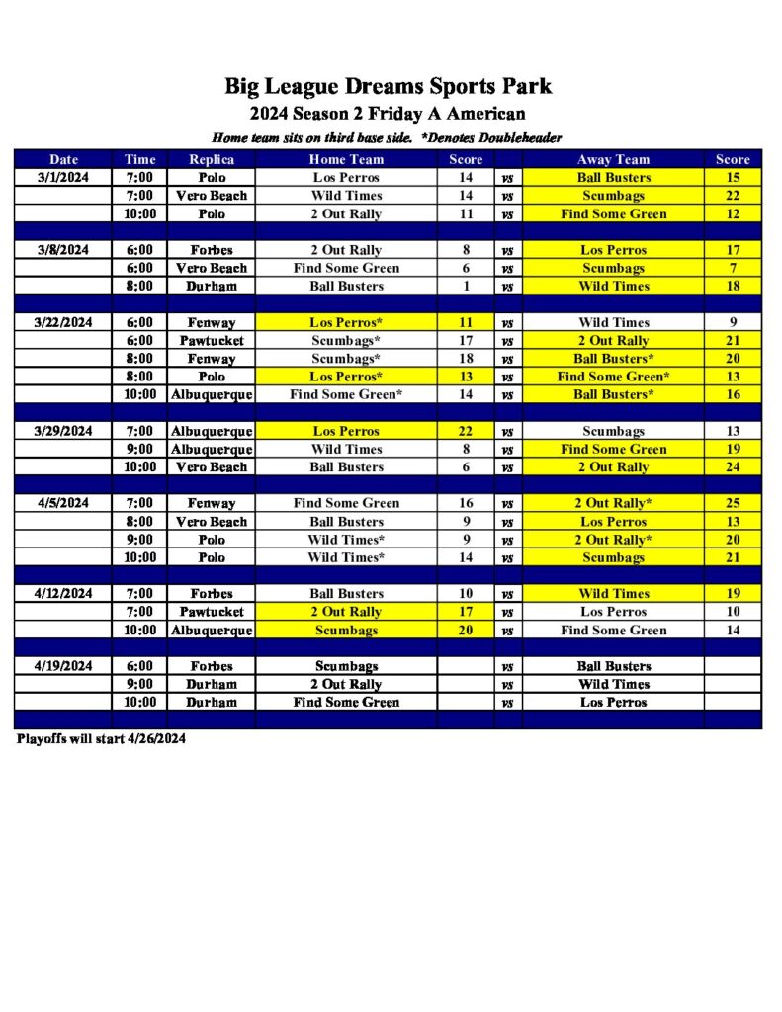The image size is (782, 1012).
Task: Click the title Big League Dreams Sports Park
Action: [388, 86]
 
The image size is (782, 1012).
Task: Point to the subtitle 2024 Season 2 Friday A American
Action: [388, 114]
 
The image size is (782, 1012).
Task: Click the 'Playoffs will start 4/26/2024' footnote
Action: [101, 739]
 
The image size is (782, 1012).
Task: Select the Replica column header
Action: [212, 159]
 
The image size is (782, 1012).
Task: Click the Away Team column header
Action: [613, 159]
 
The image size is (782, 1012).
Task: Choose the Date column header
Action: [64, 159]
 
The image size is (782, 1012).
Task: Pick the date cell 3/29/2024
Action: [64, 431]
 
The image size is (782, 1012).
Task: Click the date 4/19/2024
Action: [64, 666]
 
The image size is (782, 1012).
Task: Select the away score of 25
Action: [733, 503]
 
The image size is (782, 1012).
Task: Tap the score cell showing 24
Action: [733, 467]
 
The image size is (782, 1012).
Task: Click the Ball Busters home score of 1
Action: [466, 286]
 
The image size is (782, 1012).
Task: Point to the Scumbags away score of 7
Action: [733, 268]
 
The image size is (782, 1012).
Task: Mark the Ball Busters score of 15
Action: [733, 178]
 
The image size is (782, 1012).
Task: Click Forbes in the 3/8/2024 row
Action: [212, 250]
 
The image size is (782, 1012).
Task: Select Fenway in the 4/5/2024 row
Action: [212, 503]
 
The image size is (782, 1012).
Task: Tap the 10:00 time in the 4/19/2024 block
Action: [139, 702]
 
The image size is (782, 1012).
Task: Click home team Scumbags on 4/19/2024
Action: [346, 666]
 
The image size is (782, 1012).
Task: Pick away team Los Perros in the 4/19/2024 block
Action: [613, 702]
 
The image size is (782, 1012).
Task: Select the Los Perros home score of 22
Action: [466, 431]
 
